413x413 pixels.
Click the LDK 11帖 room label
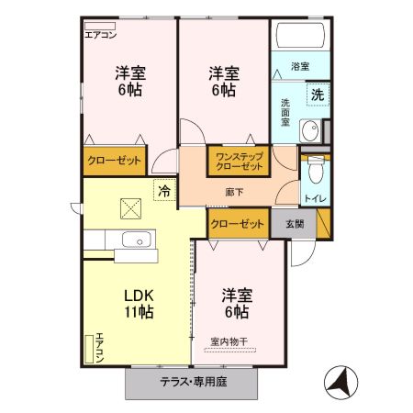[x=139, y=303]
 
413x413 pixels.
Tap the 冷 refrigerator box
[x=164, y=191]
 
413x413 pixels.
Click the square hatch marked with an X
[x=130, y=209]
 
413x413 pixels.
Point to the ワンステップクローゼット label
[x=239, y=162]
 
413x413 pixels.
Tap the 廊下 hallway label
[x=234, y=193]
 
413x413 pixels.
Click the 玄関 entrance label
[x=293, y=224]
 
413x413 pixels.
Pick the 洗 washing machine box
[x=315, y=94]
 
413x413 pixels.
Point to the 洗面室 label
[x=285, y=112]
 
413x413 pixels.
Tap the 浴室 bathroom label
[x=299, y=67]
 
